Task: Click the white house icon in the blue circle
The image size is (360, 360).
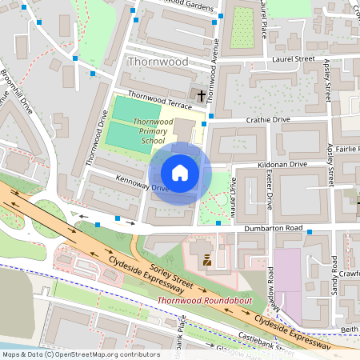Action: pos(180,172)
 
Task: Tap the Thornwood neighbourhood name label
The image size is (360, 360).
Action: pos(158,62)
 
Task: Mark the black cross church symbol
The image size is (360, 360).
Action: pos(199,93)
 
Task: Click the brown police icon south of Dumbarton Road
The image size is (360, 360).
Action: pos(207,260)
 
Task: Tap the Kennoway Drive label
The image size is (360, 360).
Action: pos(141,183)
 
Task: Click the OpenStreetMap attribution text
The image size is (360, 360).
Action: pos(80,354)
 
